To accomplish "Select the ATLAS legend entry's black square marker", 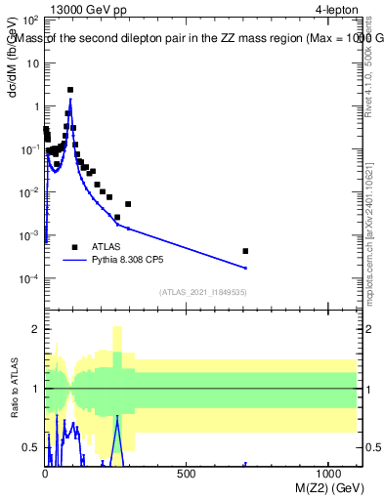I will (74, 247).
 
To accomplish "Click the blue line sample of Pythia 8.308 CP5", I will (74, 261).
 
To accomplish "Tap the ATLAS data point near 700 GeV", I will (245, 251).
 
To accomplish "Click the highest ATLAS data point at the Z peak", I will (70, 90).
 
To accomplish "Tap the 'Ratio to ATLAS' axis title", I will (15, 389).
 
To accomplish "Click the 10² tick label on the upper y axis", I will (29, 20).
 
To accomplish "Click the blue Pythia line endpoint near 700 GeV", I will (245, 268).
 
